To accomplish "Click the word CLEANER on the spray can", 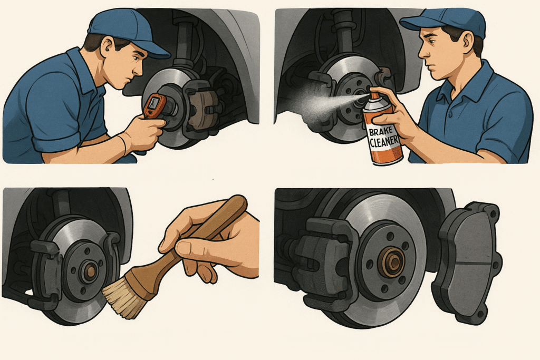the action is pyautogui.click(x=384, y=141).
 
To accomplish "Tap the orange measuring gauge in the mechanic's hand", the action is pyautogui.click(x=155, y=105).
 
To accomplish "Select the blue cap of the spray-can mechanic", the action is pyautogui.click(x=447, y=21).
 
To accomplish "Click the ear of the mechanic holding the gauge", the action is pyautogui.click(x=105, y=47).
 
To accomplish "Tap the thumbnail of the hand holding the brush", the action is pyautogui.click(x=184, y=248).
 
